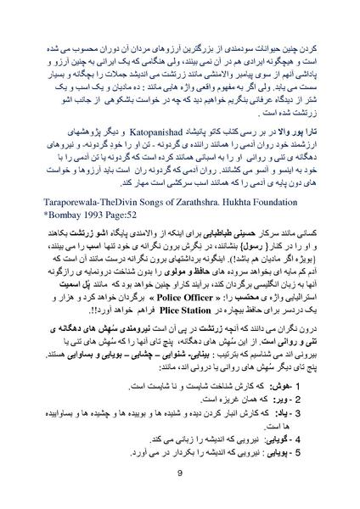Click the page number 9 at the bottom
click(180, 474)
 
